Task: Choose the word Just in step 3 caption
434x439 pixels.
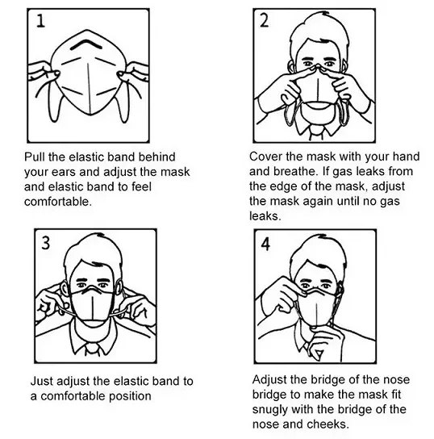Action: [x=42, y=381]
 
